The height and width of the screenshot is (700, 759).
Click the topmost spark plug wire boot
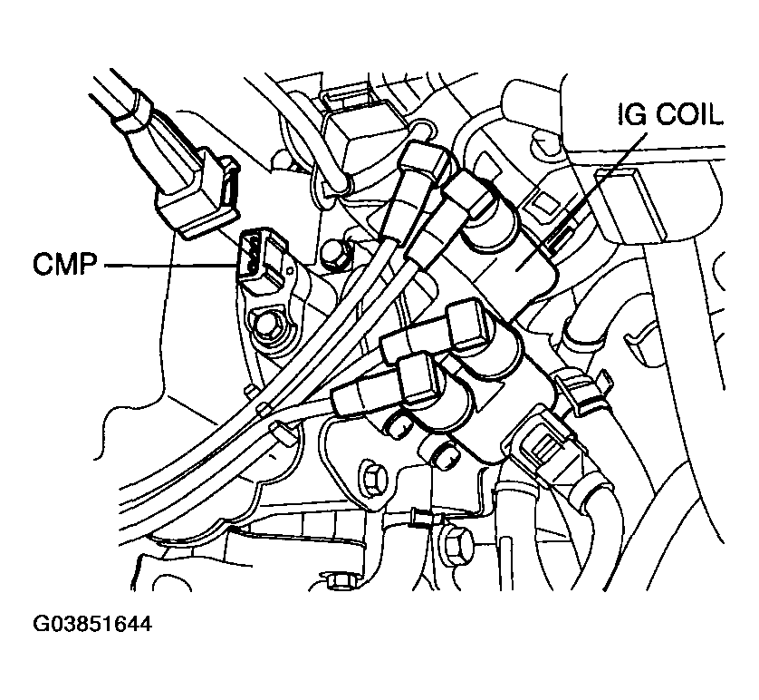click(x=426, y=163)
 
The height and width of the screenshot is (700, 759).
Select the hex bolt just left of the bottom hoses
click(x=454, y=544)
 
